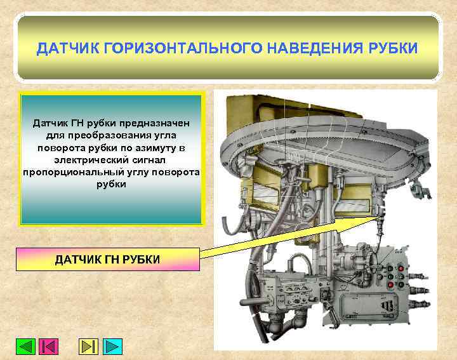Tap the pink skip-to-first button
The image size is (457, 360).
[49, 347]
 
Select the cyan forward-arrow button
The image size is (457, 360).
[112, 347]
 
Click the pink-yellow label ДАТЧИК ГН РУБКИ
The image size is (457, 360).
[107, 259]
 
